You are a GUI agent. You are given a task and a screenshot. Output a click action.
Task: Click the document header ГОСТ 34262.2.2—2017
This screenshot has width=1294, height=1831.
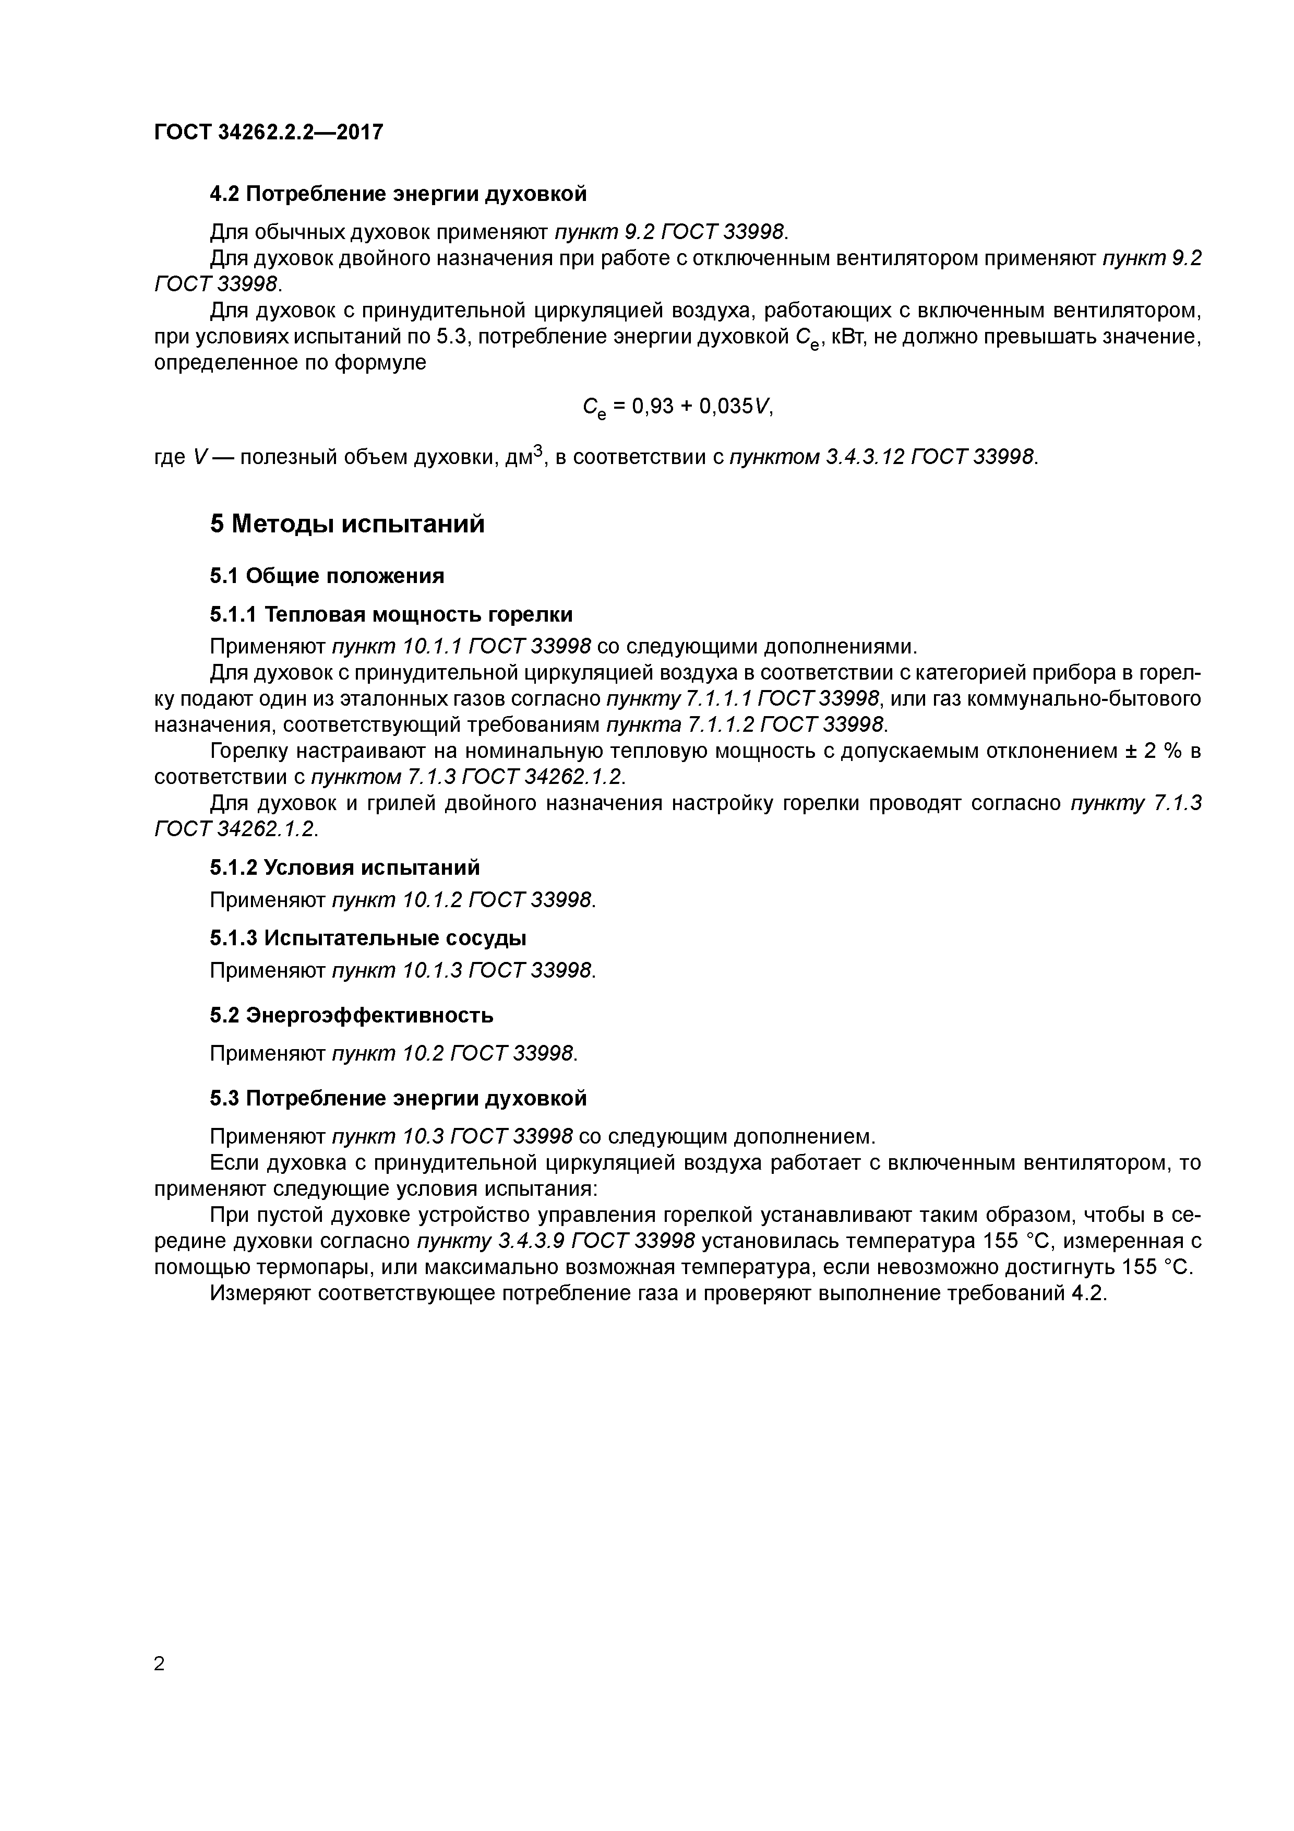pyautogui.click(x=269, y=132)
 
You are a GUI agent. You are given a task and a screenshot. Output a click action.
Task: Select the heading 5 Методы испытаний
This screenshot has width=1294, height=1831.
pyautogui.click(x=347, y=524)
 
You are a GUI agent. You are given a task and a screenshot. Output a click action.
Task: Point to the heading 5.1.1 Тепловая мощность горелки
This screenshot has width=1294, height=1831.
pyautogui.click(x=391, y=614)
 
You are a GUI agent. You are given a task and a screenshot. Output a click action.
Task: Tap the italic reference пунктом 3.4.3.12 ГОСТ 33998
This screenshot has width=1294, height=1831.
pyautogui.click(x=883, y=457)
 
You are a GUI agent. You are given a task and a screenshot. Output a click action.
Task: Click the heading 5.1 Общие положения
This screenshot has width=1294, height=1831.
pyautogui.click(x=327, y=575)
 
